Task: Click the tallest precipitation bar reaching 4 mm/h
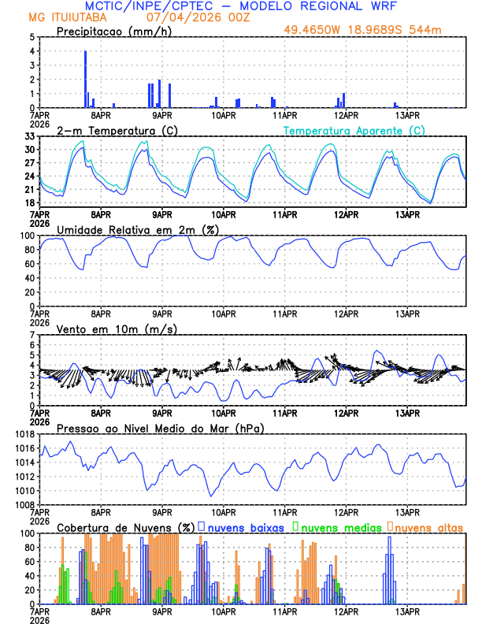85,79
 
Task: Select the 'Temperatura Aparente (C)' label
354,130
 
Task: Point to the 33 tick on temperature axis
30,137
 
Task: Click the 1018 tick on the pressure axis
24,434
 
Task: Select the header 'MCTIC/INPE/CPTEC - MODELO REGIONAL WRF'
240,5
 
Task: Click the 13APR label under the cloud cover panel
406,611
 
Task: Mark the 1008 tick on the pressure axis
24,504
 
